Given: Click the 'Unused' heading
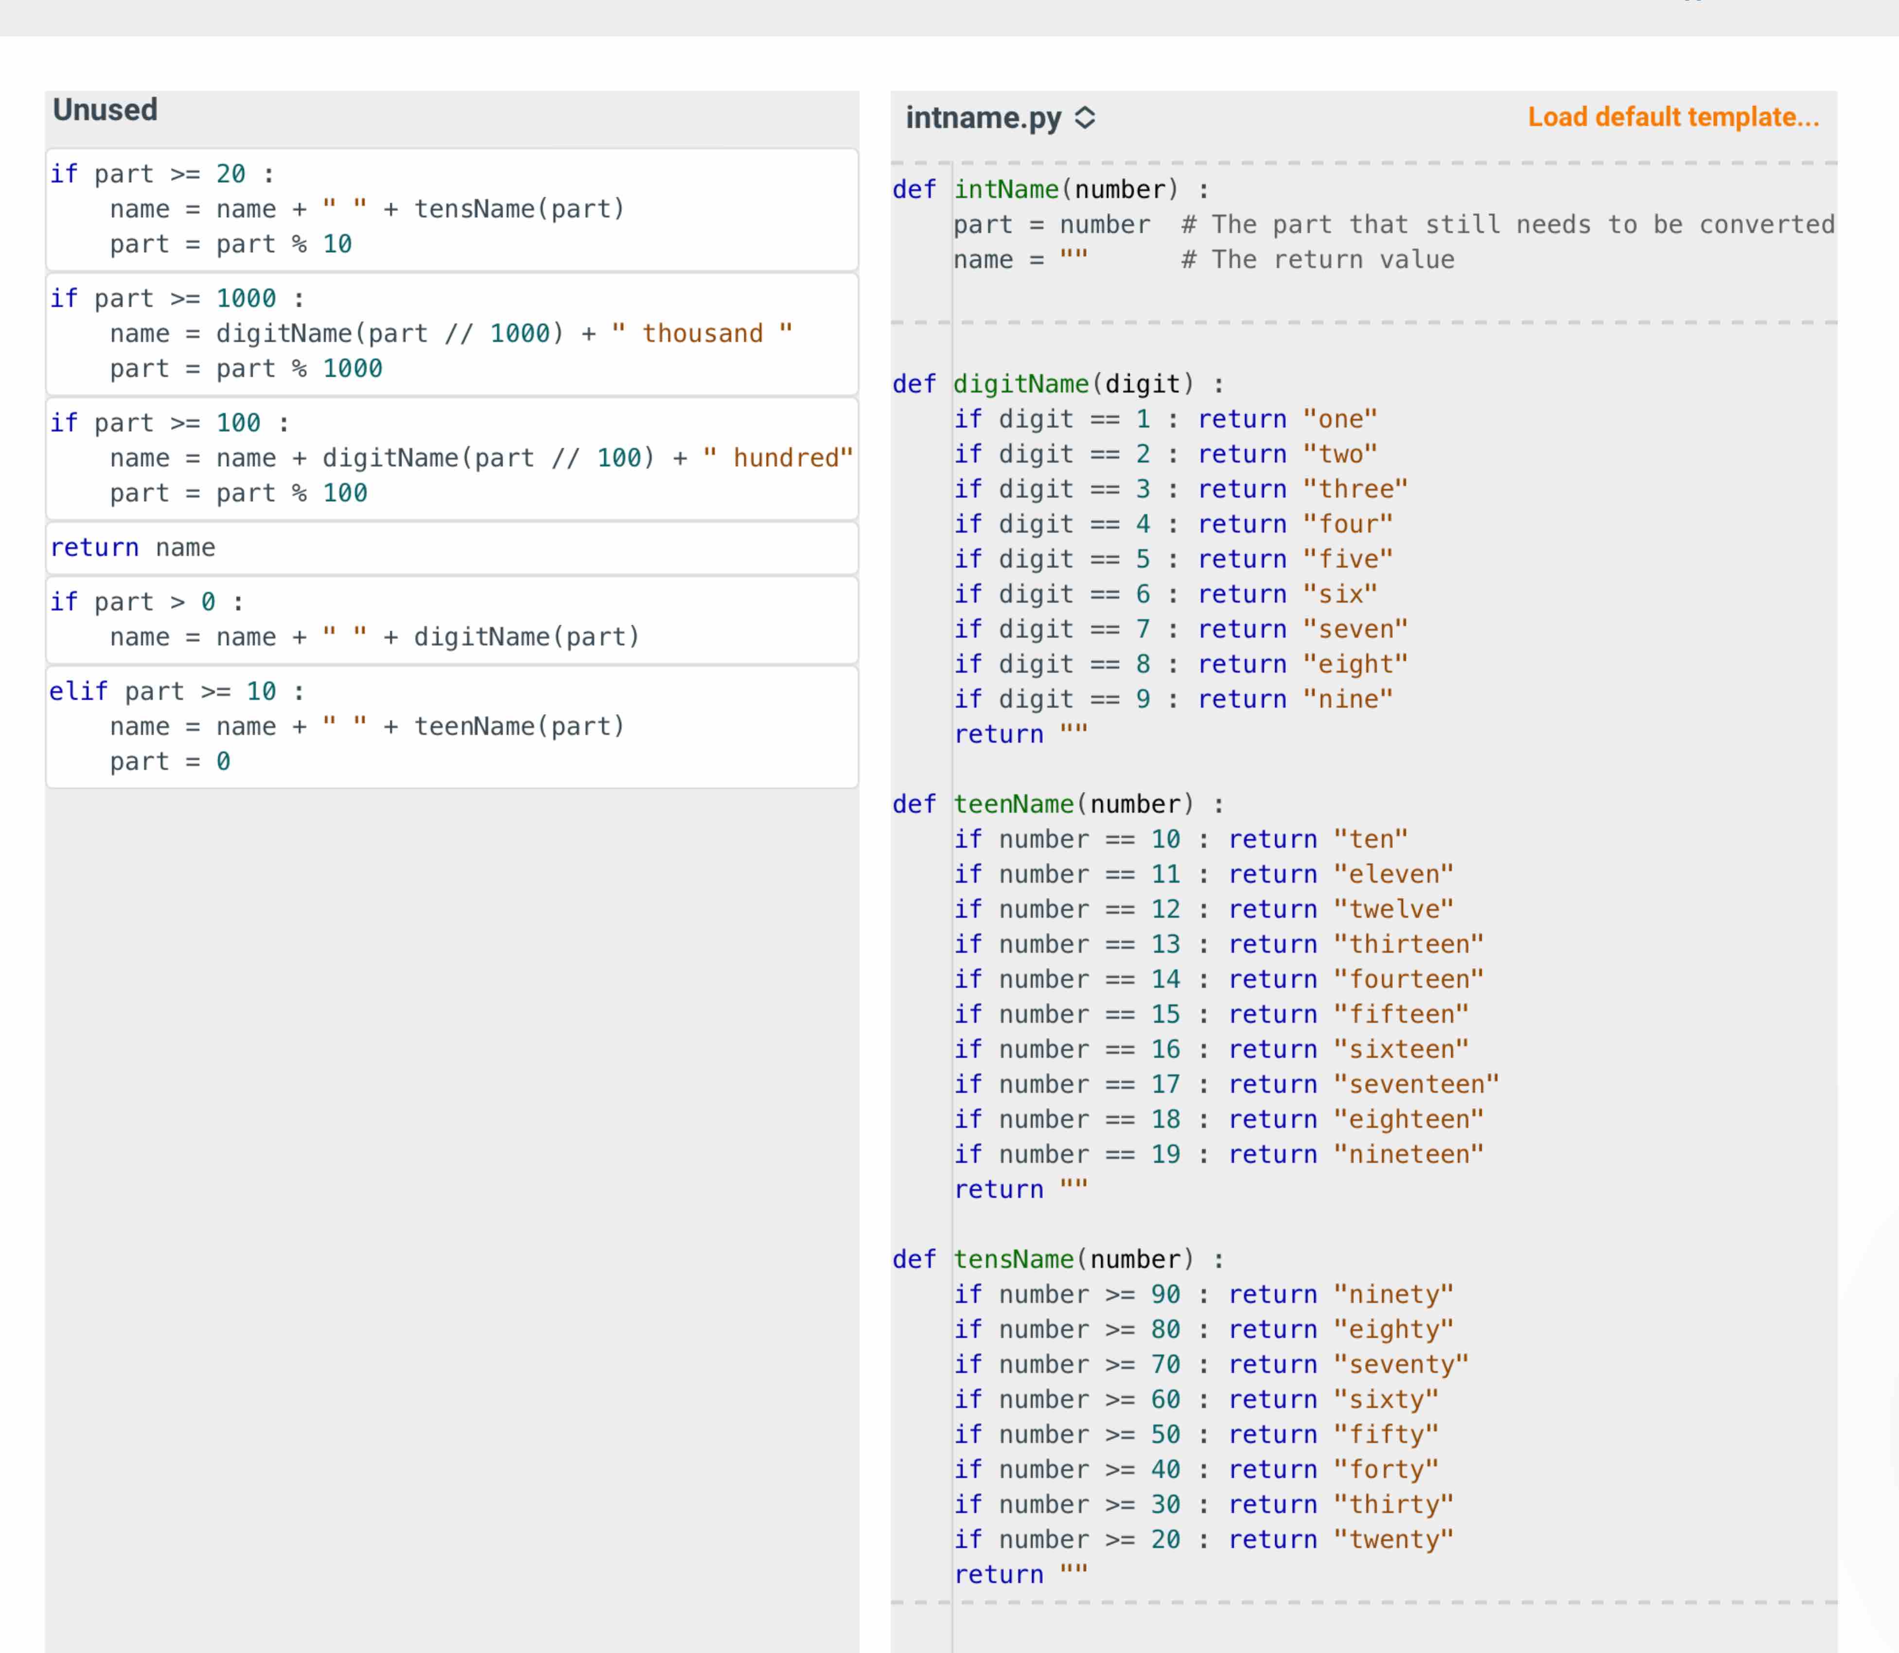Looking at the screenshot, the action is pyautogui.click(x=105, y=110).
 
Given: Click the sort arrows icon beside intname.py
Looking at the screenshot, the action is pyautogui.click(x=1085, y=118).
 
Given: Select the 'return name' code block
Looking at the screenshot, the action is pyautogui.click(x=133, y=548).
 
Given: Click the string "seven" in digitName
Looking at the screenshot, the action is pyautogui.click(x=1355, y=629).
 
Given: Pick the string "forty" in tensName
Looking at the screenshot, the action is pyautogui.click(x=1385, y=1470).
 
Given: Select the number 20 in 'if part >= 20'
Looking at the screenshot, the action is pyautogui.click(x=230, y=174).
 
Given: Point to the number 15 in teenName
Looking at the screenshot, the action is pyautogui.click(x=1165, y=1014).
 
